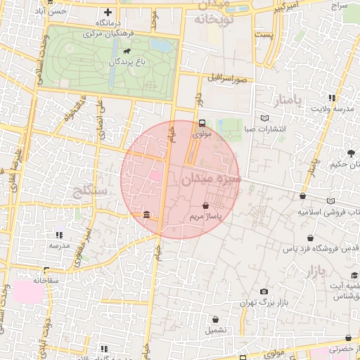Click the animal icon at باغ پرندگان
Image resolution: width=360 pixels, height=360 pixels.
126,51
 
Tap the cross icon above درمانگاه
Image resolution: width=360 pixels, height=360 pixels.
108,12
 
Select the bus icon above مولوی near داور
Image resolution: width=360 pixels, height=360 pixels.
202,122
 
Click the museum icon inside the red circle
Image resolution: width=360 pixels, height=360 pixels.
146,214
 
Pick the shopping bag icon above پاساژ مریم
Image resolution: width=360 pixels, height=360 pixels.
205,206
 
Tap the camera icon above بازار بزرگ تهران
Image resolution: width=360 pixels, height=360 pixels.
264,291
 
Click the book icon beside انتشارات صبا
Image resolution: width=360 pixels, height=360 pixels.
264,118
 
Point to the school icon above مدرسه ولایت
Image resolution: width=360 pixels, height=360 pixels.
331,98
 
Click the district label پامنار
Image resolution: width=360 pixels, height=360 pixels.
288,100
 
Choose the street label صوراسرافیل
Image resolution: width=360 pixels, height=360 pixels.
229,79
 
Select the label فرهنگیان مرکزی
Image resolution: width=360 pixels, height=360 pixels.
112,33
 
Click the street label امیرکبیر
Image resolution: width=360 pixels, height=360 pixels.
288,8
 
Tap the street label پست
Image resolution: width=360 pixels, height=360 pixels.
264,34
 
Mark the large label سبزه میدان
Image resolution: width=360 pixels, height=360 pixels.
212,179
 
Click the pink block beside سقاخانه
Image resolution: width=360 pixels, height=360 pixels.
27,291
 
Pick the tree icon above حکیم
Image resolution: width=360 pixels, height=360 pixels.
350,153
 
